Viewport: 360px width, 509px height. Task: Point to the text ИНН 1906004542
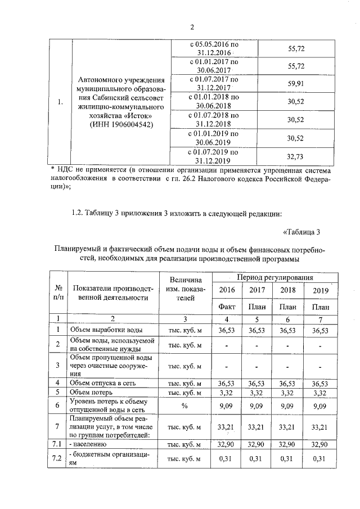[x=118, y=124]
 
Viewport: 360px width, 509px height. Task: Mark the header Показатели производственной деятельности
[x=109, y=292]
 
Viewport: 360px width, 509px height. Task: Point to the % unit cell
[x=184, y=405]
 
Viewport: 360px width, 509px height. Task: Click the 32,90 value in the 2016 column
[x=226, y=444]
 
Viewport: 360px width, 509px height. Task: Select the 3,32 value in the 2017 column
[x=257, y=391]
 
